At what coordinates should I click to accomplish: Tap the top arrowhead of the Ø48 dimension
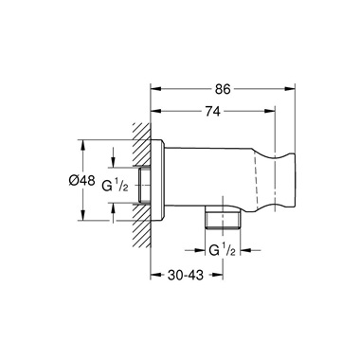83,145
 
